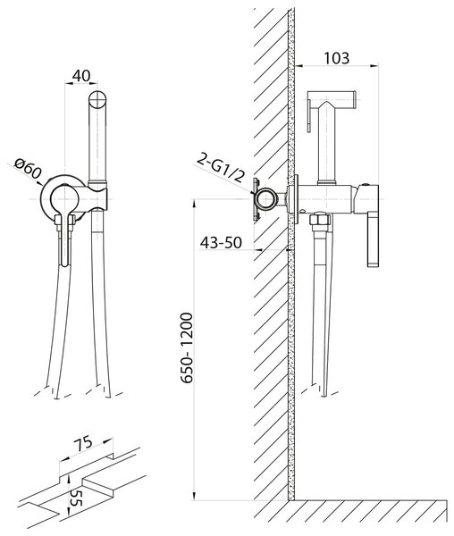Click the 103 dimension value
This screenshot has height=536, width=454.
click(x=336, y=58)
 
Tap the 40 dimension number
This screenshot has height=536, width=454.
click(x=81, y=76)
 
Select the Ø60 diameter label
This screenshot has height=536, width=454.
click(x=28, y=169)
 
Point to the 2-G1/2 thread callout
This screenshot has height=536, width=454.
click(x=222, y=168)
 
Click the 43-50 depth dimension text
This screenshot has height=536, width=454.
click(x=221, y=243)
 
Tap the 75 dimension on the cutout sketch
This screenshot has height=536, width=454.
click(x=82, y=443)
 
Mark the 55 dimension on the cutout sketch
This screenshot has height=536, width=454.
click(x=75, y=497)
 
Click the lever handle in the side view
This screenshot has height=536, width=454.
click(x=373, y=239)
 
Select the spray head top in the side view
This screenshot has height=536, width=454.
click(x=332, y=96)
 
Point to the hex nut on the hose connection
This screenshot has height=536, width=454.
click(x=320, y=219)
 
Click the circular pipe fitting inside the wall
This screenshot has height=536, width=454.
click(x=266, y=199)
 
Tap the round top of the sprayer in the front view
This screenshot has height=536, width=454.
click(x=97, y=100)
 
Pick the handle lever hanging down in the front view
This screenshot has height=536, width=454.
click(x=63, y=239)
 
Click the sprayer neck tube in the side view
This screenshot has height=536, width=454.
click(x=327, y=144)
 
